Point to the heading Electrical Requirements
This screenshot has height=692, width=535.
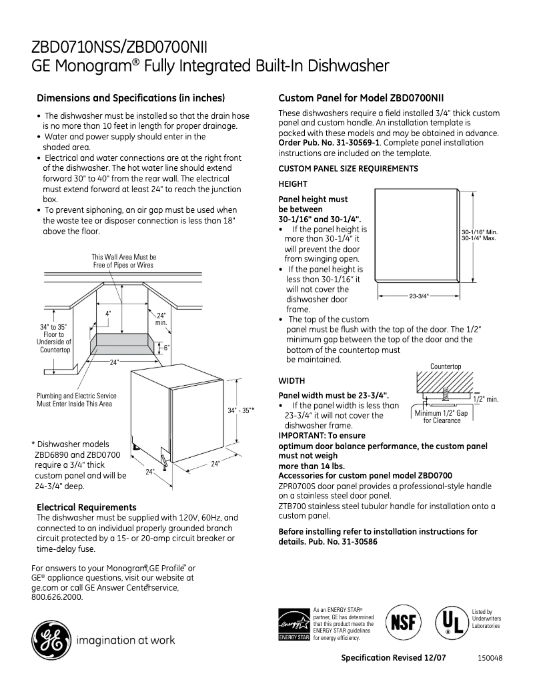(x=86, y=507)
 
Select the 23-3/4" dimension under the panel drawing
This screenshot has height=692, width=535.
(x=418, y=296)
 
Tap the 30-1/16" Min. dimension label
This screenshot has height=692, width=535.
(x=480, y=232)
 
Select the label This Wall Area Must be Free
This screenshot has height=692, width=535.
(x=123, y=260)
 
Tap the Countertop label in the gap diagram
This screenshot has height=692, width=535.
(x=446, y=366)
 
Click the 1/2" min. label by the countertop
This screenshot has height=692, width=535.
(x=485, y=398)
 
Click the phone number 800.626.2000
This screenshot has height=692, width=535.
(x=57, y=597)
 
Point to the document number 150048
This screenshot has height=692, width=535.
(x=490, y=657)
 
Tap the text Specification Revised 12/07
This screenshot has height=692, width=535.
(x=393, y=657)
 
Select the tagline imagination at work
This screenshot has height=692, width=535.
(x=126, y=641)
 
